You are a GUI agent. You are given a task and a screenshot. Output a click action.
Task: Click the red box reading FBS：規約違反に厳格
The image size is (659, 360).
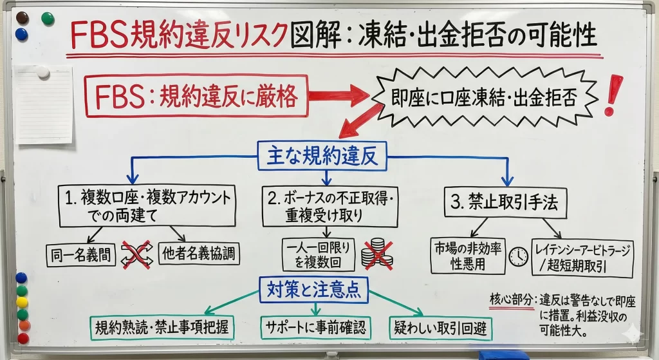(x=196, y=96)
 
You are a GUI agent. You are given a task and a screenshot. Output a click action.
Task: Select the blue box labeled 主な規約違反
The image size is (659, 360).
(x=322, y=156)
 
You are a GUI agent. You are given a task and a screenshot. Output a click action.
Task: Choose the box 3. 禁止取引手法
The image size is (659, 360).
(x=506, y=203)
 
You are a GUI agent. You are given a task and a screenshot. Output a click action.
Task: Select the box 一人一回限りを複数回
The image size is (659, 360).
(x=318, y=254)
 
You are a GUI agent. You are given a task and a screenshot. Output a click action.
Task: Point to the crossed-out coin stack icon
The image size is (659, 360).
(x=376, y=254)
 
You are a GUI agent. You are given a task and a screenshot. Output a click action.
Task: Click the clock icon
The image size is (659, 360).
(x=518, y=256)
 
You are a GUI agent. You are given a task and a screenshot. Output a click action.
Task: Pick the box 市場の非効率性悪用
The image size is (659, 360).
(x=468, y=256)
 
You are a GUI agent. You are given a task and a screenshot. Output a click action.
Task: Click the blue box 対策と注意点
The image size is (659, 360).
(x=313, y=290)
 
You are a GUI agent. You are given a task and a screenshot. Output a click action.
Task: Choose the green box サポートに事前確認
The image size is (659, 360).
(x=315, y=328)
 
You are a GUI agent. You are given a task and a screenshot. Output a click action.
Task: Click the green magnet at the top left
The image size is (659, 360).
(x=47, y=19)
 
